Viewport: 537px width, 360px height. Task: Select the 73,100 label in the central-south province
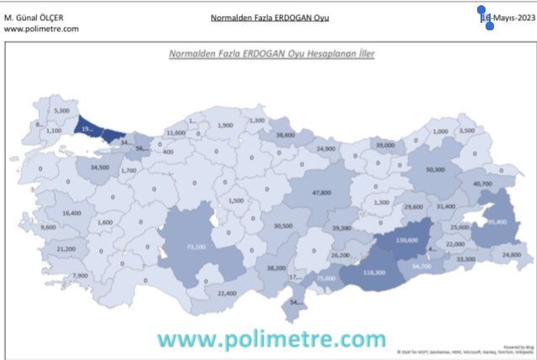tap(196, 247)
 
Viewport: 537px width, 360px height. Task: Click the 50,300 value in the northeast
tap(436, 169)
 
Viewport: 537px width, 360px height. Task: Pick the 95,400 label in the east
tap(496, 222)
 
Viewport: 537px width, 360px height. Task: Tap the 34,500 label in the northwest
tap(100, 169)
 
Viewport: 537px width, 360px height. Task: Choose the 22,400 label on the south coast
tap(227, 293)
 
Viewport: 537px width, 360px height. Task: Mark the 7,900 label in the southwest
tap(80, 276)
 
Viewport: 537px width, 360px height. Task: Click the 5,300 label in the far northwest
tap(61, 110)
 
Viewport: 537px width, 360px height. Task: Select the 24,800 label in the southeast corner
tap(511, 254)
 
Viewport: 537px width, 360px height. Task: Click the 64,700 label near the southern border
tap(421, 266)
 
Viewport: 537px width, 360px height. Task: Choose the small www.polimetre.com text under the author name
tap(41, 28)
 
